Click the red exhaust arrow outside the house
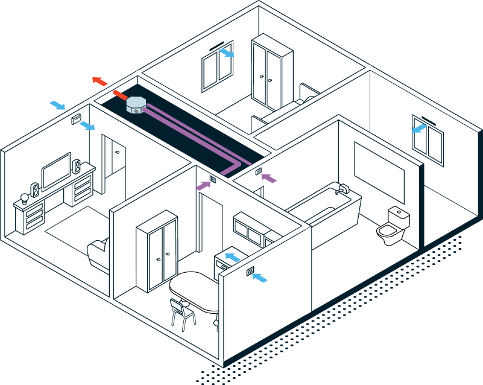tap(99, 81)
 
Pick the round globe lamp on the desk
tap(25, 197)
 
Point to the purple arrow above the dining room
tap(204, 185)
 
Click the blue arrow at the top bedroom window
tap(227, 54)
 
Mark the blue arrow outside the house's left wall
tap(57, 106)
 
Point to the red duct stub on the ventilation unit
tap(119, 95)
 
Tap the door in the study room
tap(115, 161)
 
